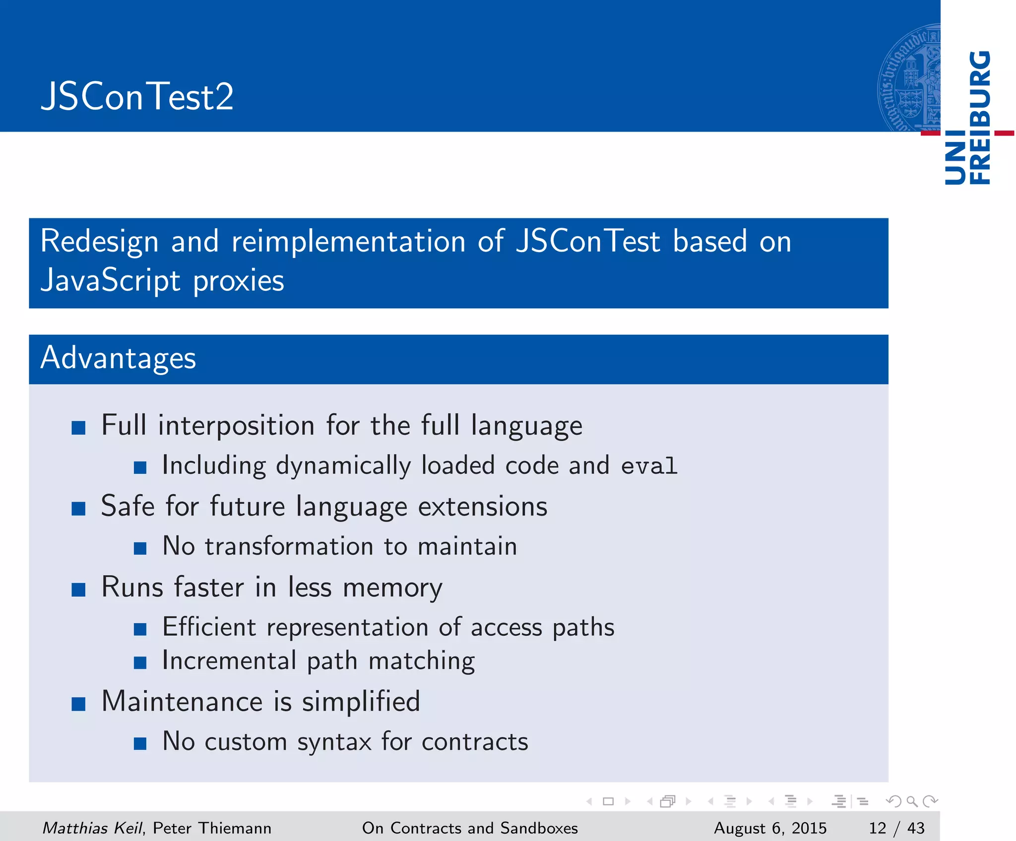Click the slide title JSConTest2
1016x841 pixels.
[137, 96]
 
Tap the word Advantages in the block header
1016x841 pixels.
[118, 358]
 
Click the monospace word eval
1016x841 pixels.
[649, 466]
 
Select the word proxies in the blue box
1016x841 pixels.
[238, 281]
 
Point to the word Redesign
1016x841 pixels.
[99, 242]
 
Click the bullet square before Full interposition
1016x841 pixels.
[78, 427]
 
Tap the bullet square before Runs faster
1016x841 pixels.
[78, 589]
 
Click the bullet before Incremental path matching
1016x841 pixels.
[140, 662]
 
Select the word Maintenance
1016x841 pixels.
[182, 702]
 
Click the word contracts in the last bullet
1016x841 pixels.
[475, 742]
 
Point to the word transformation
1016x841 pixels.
[289, 546]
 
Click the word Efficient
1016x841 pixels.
[209, 627]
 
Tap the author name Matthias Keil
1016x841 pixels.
[92, 828]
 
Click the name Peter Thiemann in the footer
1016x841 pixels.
[212, 828]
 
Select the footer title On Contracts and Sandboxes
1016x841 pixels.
[470, 828]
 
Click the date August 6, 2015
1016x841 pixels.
[770, 828]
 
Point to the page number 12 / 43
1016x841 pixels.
[896, 828]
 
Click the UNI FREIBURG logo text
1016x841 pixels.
[967, 118]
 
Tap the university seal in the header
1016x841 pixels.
[909, 78]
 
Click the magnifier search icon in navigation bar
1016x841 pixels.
[912, 801]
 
